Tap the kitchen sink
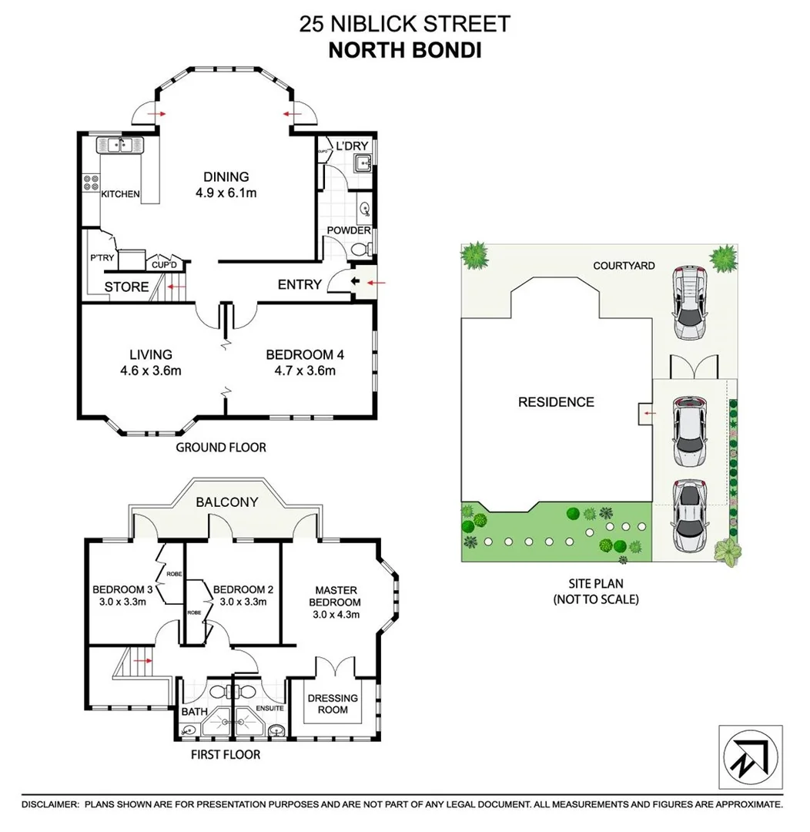tap(119, 144)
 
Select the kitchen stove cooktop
tap(90, 183)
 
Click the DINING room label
tap(226, 176)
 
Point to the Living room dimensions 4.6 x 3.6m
tap(150, 371)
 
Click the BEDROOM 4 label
tap(304, 354)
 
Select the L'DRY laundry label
tap(352, 146)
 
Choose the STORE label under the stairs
tap(127, 287)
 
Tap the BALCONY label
tap(226, 502)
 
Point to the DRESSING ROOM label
tap(333, 703)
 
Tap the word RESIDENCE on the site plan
tap(556, 401)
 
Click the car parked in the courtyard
tap(689, 302)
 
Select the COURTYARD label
tap(624, 266)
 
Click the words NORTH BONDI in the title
tap(404, 50)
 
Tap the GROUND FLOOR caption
tap(221, 447)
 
